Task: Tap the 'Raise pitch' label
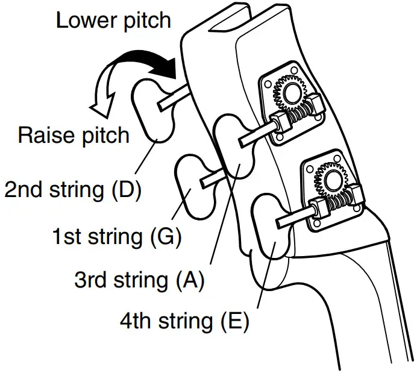(x=74, y=134)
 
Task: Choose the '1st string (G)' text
(x=116, y=236)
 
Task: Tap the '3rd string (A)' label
(x=139, y=280)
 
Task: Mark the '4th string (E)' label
(x=184, y=321)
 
